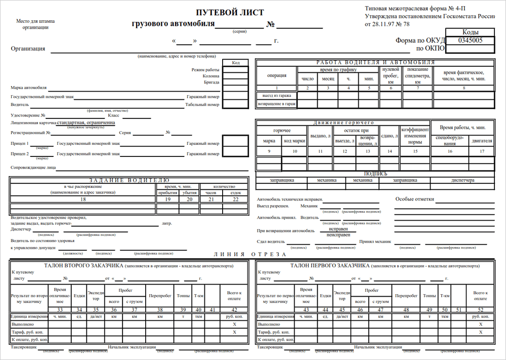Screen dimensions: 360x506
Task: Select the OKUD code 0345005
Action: tap(470, 40)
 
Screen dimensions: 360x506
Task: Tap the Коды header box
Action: tap(470, 32)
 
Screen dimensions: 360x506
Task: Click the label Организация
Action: tap(28, 49)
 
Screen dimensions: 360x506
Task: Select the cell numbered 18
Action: tap(83, 199)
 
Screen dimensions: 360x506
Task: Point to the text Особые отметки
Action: tap(414, 199)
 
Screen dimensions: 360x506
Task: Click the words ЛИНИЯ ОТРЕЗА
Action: tap(250, 255)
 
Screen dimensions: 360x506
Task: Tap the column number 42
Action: tap(234, 309)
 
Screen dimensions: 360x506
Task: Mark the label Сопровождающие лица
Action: tap(33, 167)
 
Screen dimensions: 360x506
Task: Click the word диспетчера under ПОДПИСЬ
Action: tap(462, 180)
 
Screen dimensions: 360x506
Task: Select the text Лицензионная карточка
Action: tap(33, 123)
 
